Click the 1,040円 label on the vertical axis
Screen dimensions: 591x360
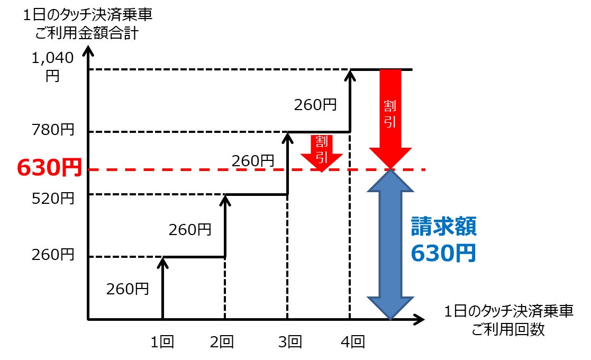(x=52, y=66)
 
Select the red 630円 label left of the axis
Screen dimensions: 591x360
(x=49, y=168)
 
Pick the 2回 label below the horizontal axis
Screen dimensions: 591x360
(x=222, y=343)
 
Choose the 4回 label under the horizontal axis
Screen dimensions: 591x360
(x=352, y=343)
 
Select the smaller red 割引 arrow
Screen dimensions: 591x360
(x=321, y=152)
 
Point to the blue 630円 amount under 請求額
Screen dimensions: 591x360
(x=443, y=254)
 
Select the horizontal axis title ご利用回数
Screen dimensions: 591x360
(x=508, y=329)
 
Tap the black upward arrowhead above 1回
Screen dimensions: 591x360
(x=162, y=263)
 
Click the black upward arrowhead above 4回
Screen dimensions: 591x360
(x=349, y=76)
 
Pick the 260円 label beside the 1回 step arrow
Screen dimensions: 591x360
(x=127, y=290)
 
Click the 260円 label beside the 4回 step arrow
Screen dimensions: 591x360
(x=315, y=105)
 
